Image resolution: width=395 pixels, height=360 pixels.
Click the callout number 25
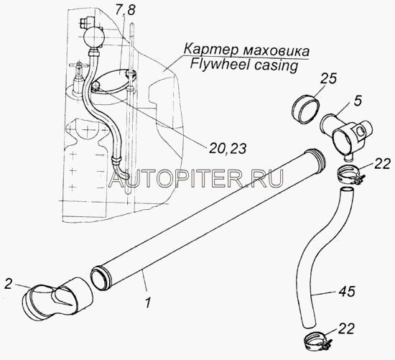[329, 79]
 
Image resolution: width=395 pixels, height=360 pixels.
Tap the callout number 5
[358, 101]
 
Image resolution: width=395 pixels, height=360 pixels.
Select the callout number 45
[346, 291]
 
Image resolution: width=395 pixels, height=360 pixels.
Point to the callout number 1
[148, 302]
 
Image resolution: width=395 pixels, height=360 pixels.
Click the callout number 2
[8, 284]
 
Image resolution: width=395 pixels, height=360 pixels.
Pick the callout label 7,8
[126, 11]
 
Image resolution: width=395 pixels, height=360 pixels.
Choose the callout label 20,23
[227, 148]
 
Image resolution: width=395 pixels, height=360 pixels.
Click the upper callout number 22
[382, 164]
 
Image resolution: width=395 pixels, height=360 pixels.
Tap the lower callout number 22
[346, 328]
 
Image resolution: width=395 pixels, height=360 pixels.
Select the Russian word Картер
[209, 50]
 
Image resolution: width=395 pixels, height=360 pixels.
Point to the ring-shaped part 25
[305, 109]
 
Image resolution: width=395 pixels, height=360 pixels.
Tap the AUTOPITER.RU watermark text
[196, 178]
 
